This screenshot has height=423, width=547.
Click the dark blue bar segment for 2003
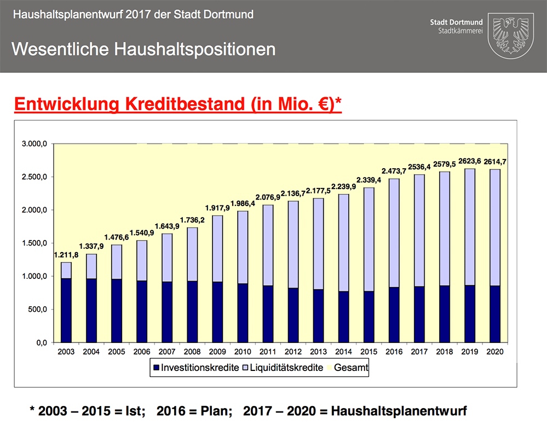[x=66, y=310]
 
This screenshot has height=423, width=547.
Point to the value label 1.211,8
[x=66, y=255]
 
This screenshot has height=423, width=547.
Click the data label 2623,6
[x=469, y=161]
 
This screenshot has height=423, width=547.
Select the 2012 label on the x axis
[x=292, y=351]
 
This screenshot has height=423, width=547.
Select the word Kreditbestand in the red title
[x=187, y=104]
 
